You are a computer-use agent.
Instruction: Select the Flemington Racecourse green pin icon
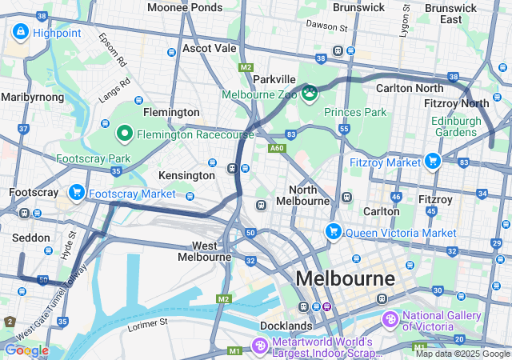pos(125,134)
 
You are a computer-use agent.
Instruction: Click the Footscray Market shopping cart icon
pos(77,193)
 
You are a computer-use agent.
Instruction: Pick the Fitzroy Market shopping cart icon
pos(433,162)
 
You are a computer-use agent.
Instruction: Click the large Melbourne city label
pos(345,279)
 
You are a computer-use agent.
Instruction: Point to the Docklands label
pos(286,326)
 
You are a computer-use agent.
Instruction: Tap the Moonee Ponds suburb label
pos(185,7)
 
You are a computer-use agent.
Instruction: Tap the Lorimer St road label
pos(147,326)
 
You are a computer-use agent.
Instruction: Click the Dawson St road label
pos(327,26)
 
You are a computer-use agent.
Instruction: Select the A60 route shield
pos(278,148)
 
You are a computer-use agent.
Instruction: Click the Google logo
pos(26,350)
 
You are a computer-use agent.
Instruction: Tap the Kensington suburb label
pos(187,175)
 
